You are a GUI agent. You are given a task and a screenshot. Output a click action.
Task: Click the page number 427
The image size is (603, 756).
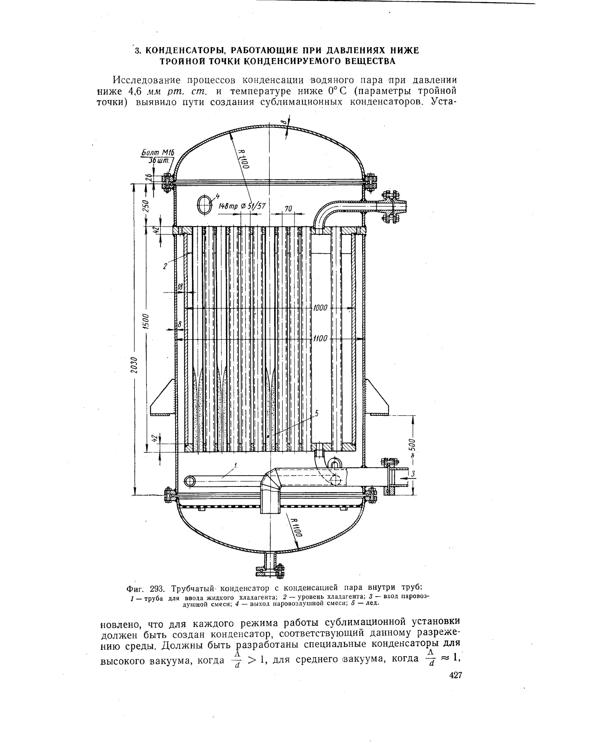455,685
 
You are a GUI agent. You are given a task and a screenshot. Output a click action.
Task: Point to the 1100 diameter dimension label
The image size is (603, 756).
320,339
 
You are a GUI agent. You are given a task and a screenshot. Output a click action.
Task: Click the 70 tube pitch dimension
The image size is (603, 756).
288,209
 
